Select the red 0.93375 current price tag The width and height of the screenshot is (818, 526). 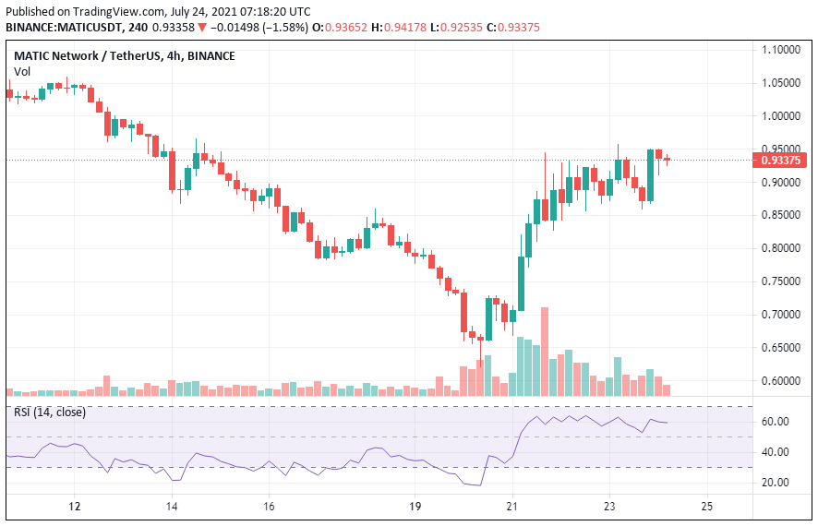tap(782, 160)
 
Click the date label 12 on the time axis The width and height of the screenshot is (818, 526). tap(76, 506)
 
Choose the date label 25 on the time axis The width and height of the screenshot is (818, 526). tap(706, 506)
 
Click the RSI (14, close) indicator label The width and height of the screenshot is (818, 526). tap(50, 412)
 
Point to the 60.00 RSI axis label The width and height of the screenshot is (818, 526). tap(776, 422)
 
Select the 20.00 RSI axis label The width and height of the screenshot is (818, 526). tap(776, 483)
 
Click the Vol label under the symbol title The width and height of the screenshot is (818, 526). tap(21, 72)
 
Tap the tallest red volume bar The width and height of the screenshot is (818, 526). tap(545, 351)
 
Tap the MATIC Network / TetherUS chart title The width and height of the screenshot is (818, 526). tap(84, 55)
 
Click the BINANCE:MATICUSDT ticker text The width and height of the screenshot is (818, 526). tap(65, 28)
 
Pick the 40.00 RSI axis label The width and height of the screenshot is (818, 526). tap(776, 452)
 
